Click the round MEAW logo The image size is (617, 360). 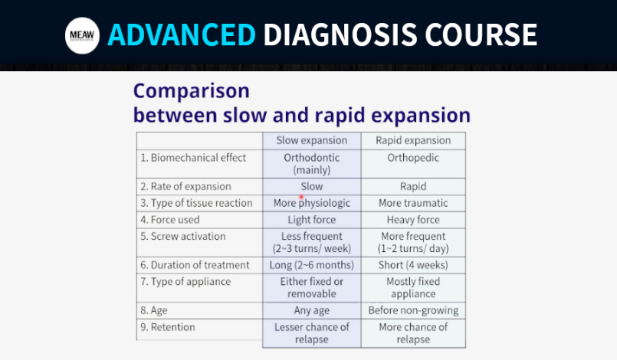[82, 35]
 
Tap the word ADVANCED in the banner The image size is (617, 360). [182, 35]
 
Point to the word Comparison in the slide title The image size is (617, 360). [192, 91]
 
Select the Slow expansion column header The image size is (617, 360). [312, 140]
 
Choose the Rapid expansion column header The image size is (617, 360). [413, 140]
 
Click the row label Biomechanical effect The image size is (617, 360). [193, 158]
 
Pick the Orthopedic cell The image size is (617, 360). [413, 158]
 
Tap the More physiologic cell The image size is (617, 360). [312, 203]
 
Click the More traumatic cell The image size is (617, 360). [413, 203]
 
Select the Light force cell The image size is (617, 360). [312, 220]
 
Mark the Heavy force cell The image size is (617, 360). [413, 220]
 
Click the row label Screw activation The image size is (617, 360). [183, 237]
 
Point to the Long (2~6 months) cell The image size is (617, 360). [312, 265]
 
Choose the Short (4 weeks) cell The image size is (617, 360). [413, 265]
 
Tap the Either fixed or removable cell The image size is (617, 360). [312, 287]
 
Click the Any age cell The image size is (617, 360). [312, 311]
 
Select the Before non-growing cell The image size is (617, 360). [413, 310]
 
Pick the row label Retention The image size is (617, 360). [168, 327]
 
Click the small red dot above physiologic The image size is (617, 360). [301, 197]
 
